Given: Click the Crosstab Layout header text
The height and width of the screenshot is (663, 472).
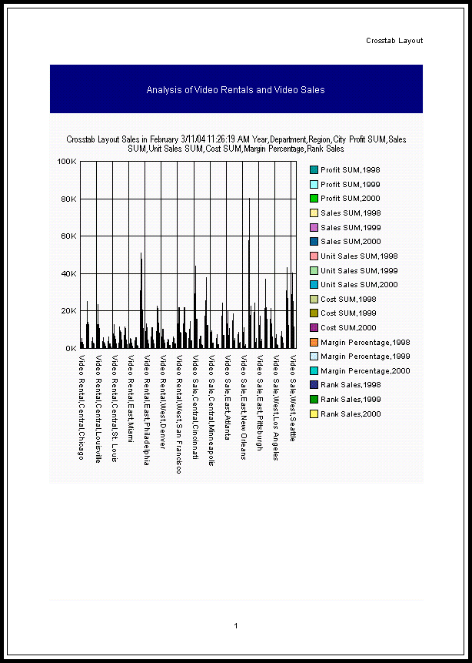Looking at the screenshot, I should click(x=394, y=41).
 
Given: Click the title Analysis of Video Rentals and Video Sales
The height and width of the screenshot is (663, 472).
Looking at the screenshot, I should click(x=235, y=90).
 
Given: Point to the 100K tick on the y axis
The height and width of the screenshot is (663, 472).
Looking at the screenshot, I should click(x=67, y=162).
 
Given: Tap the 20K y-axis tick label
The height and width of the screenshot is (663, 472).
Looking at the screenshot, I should click(x=68, y=311).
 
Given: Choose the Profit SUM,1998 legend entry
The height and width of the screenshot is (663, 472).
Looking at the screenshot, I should click(x=350, y=170).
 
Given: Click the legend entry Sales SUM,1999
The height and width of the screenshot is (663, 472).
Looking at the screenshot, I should click(x=350, y=228).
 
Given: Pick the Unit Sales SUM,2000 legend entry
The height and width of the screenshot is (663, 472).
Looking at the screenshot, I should click(x=359, y=285).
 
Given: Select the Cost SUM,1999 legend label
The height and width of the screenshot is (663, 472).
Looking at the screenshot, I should click(x=348, y=313).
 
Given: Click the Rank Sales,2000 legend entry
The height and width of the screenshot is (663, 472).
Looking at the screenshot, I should click(x=351, y=414).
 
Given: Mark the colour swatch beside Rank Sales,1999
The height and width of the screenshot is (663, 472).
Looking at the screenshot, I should click(x=314, y=400).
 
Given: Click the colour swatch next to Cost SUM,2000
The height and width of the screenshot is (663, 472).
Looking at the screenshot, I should click(x=314, y=328).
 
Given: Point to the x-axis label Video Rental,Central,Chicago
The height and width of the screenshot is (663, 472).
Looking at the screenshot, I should click(x=81, y=407).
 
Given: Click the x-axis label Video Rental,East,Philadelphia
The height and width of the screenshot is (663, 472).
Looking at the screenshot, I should click(x=145, y=410).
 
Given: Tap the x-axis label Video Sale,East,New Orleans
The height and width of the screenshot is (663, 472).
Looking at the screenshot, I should click(x=244, y=407).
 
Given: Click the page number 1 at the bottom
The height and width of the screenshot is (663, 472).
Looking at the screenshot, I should click(x=236, y=625).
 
